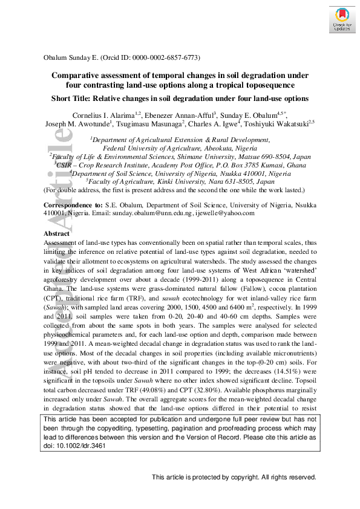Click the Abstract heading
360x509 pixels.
[x=56, y=233]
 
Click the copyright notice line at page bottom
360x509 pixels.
[x=234, y=478]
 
